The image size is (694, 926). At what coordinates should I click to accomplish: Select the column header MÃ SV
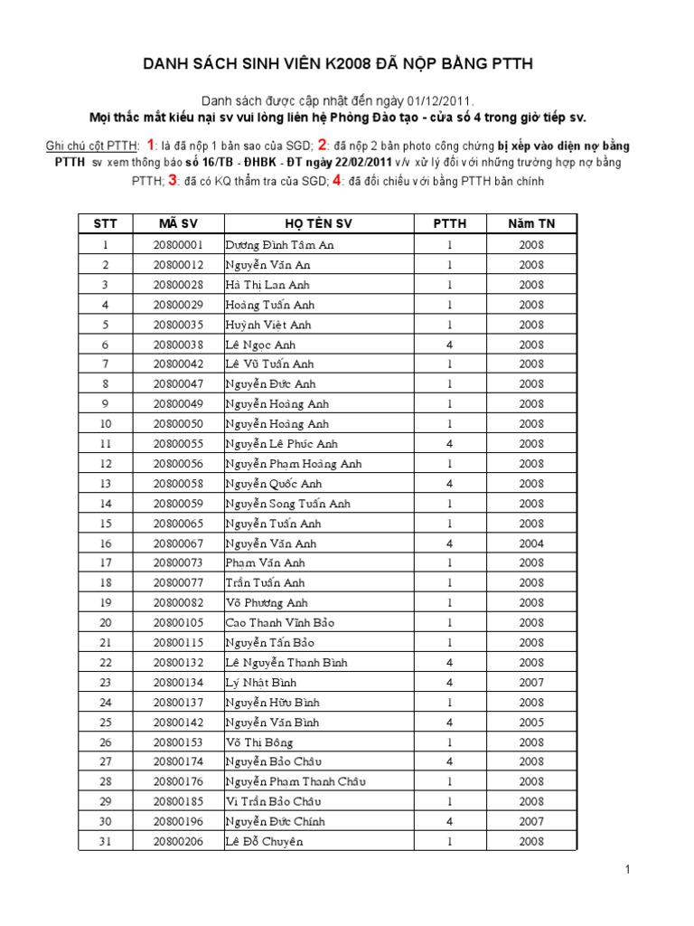point(178,223)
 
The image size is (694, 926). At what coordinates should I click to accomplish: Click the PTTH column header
point(449,223)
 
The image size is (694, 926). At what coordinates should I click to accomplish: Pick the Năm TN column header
point(531,223)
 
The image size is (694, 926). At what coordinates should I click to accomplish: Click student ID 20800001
point(178,245)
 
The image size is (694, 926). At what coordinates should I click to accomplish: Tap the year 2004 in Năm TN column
point(531,543)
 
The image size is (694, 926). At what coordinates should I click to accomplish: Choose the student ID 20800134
point(178,683)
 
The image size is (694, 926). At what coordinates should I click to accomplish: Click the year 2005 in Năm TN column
point(531,723)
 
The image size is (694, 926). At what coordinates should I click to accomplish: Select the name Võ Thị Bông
point(261,742)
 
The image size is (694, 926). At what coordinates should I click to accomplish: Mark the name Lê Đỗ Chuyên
point(264,842)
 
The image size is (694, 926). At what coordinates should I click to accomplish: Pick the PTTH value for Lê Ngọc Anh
point(449,345)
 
